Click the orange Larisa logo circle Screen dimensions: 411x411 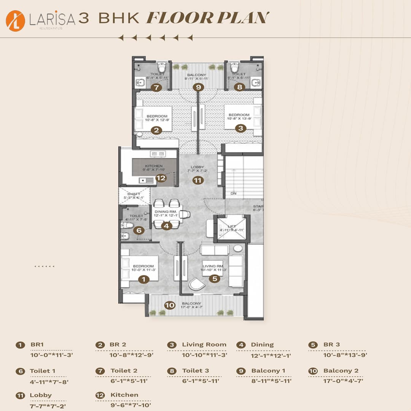point(16,21)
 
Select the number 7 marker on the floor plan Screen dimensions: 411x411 point(156,87)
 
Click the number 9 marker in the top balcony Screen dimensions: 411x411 point(198,87)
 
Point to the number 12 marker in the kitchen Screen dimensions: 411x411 point(161,178)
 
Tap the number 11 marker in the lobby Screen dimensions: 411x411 point(198,180)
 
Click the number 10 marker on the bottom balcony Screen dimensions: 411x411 point(169,305)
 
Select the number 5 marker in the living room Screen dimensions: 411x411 point(215,279)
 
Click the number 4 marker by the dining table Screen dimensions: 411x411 point(166,226)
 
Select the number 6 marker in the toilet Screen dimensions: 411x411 point(139,230)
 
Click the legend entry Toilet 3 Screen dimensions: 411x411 point(195,371)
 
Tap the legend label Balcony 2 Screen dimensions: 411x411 point(341,371)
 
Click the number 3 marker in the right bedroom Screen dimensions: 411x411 point(240,128)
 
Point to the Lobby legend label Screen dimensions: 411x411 point(41,395)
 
